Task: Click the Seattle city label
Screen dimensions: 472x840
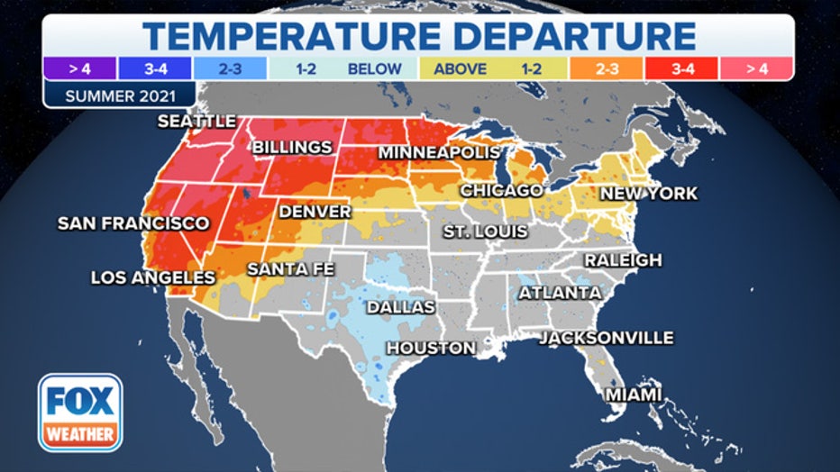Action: tap(196, 121)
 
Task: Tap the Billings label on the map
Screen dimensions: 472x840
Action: tap(291, 147)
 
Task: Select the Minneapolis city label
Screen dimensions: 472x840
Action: tap(438, 152)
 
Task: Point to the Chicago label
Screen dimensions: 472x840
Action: tap(501, 191)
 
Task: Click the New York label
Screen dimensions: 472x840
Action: tap(648, 194)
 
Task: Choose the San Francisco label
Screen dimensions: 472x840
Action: tap(132, 222)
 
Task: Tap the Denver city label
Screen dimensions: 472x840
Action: tap(315, 212)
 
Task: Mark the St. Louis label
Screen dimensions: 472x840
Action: tap(485, 231)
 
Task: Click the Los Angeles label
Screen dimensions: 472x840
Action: tap(153, 277)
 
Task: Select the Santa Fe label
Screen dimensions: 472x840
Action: tap(290, 268)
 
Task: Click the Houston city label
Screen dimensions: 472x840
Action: tap(431, 348)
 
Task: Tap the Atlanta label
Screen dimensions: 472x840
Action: tap(559, 293)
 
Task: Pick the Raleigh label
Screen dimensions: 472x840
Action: tap(623, 260)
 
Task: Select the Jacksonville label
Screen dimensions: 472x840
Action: tap(606, 338)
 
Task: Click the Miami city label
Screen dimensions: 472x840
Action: tap(633, 395)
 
